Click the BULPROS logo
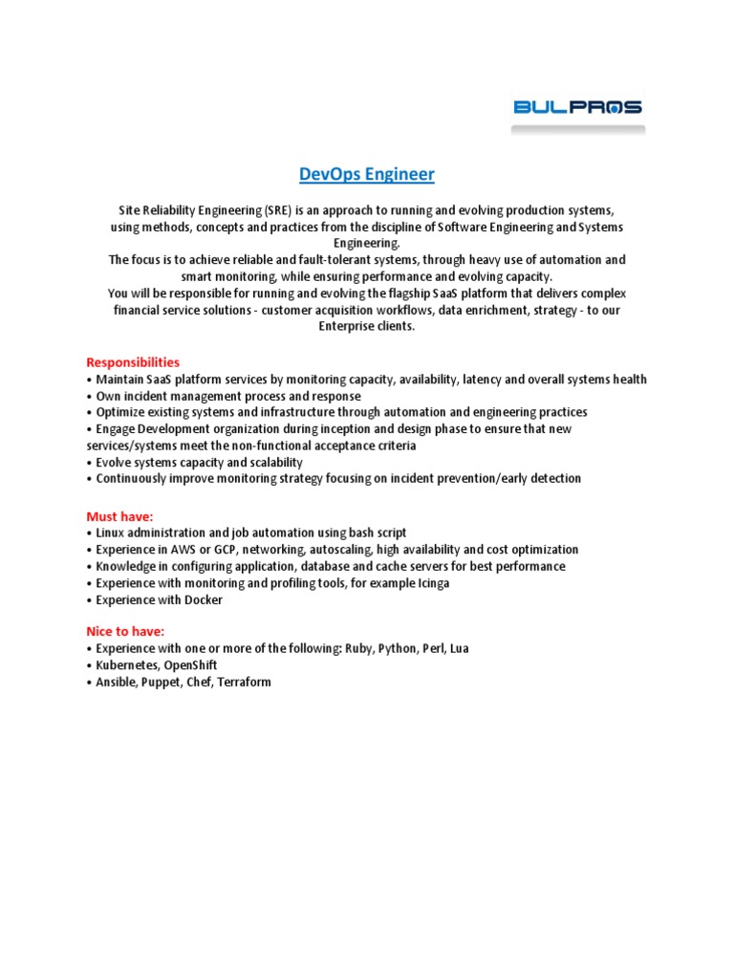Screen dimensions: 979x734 click(577, 107)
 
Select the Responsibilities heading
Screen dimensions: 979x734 click(133, 362)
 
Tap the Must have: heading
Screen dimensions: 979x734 click(119, 516)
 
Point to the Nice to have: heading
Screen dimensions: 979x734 click(125, 631)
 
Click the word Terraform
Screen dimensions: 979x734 click(244, 683)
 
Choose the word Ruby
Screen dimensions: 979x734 click(358, 648)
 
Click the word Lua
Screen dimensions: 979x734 click(457, 648)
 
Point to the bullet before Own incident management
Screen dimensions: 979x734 click(89, 396)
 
